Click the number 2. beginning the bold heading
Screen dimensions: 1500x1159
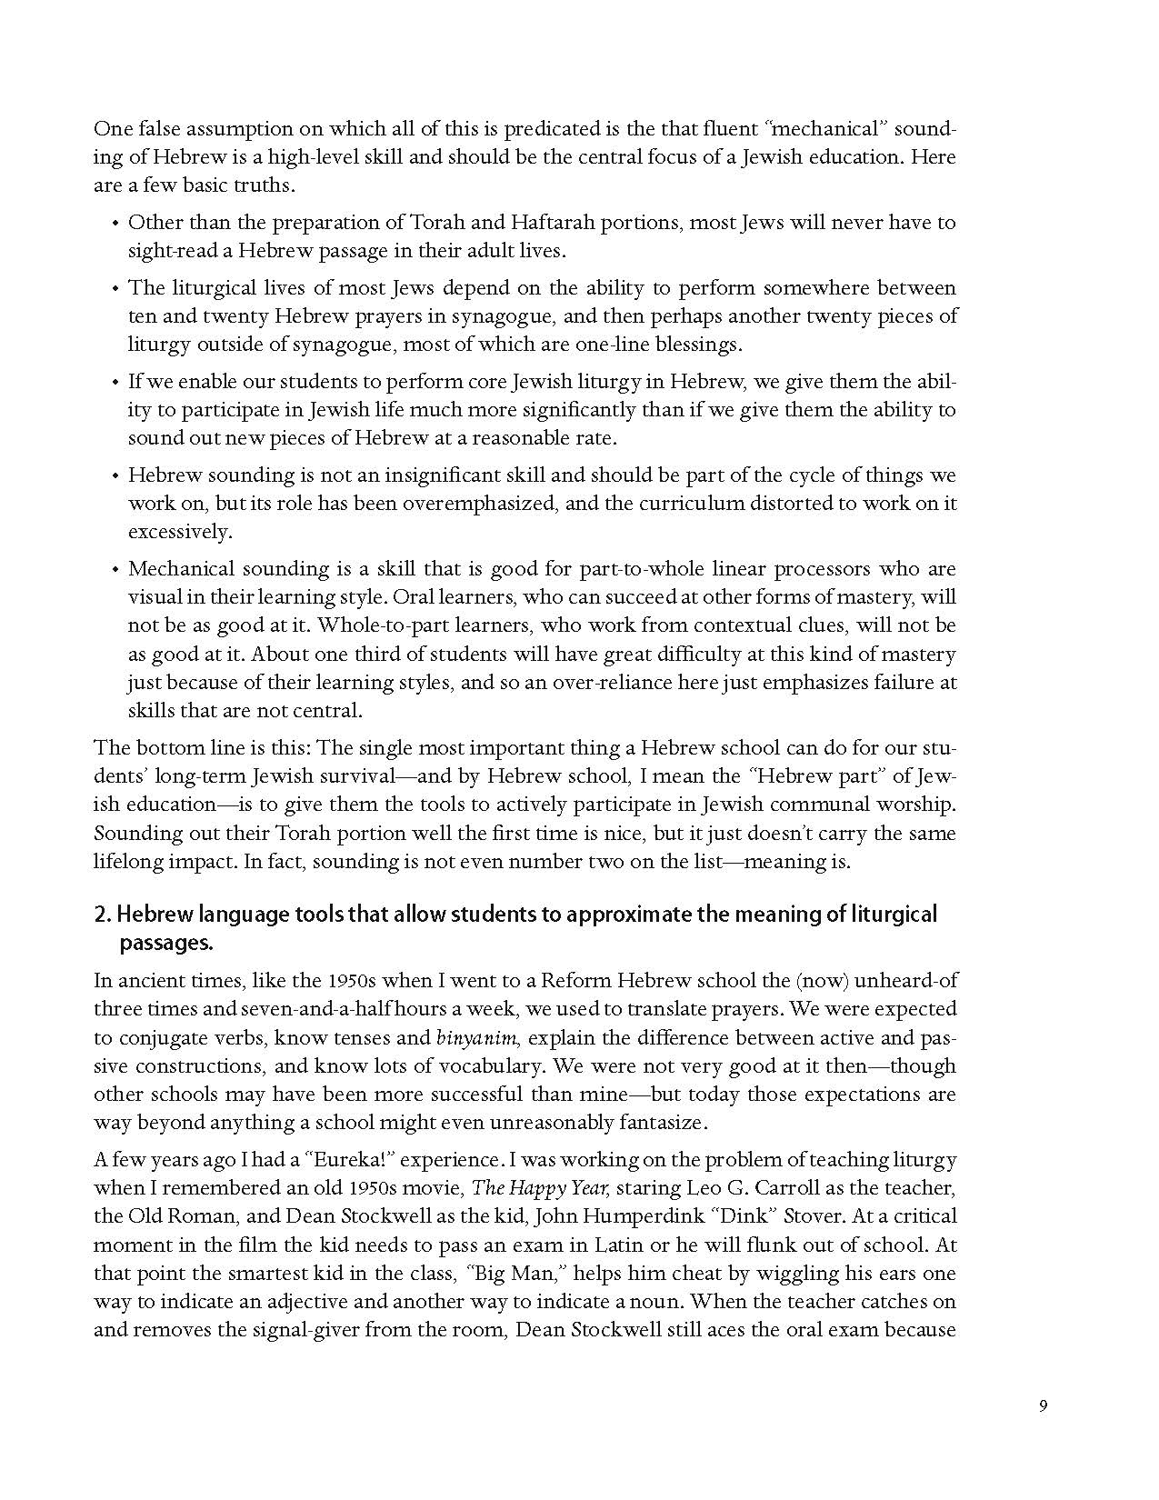click(102, 914)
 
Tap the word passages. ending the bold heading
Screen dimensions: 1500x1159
click(166, 943)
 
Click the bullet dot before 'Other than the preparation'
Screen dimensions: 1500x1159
click(115, 224)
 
